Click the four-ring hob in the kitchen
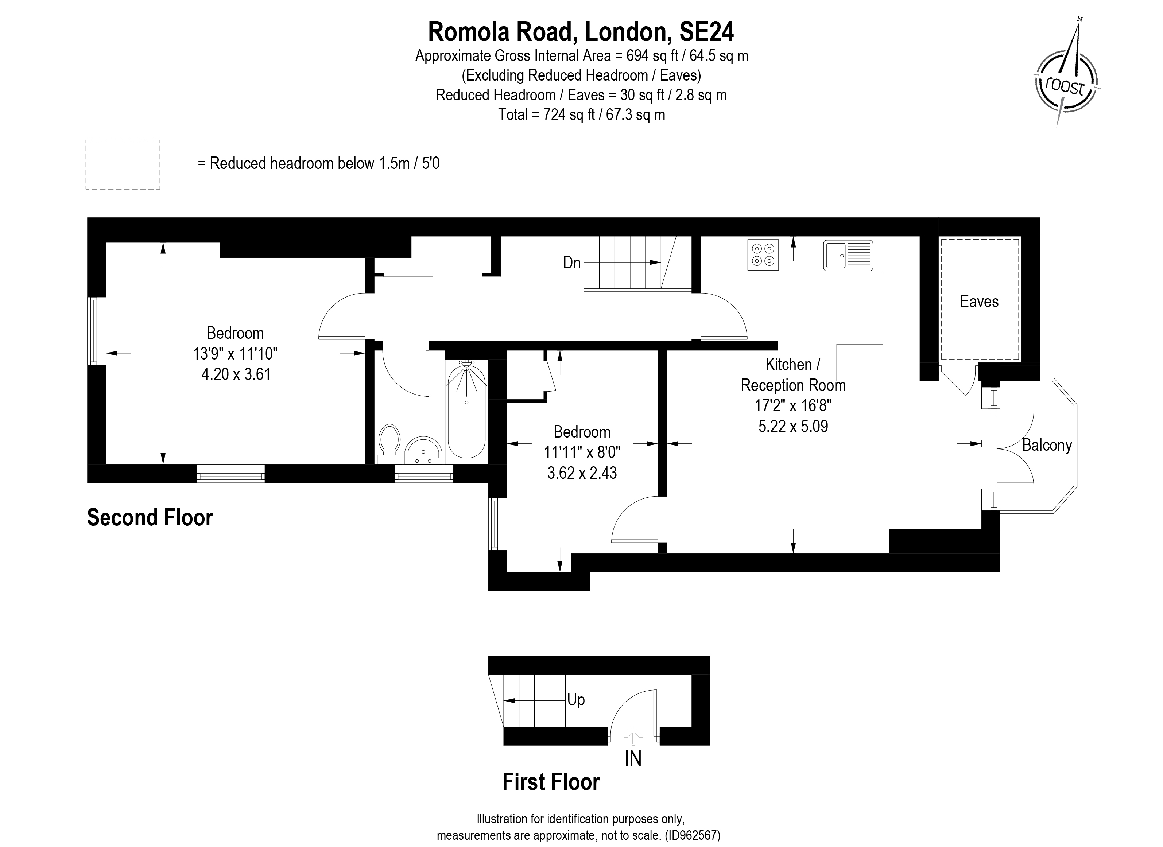[x=763, y=255]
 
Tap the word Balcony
[x=1047, y=445]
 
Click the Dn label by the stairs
[x=572, y=263]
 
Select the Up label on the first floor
[x=576, y=700]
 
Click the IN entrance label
[x=633, y=758]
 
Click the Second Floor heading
[x=150, y=517]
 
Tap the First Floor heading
[x=551, y=782]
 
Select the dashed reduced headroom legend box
[x=123, y=164]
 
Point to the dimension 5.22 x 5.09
[x=793, y=426]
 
